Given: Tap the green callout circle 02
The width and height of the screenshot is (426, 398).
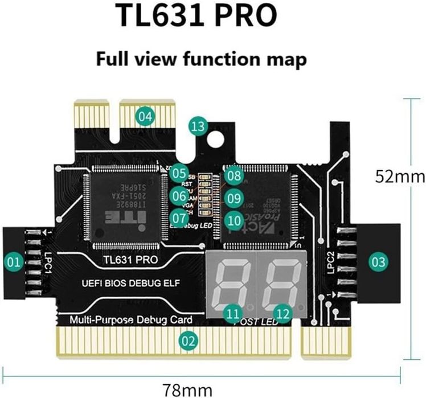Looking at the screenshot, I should (x=188, y=341).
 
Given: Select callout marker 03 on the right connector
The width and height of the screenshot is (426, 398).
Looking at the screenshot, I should (x=378, y=262).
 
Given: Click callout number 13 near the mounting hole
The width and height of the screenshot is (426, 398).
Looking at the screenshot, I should (x=198, y=126).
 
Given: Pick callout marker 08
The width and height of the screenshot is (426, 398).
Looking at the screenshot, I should (x=233, y=175).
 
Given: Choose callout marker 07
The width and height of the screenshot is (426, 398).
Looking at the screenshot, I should (x=179, y=217).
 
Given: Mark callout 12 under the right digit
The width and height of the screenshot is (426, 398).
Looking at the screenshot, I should (x=282, y=313).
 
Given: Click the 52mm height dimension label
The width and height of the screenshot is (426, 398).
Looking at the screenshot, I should (x=400, y=177).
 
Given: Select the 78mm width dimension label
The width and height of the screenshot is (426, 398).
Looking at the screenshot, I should (x=180, y=390).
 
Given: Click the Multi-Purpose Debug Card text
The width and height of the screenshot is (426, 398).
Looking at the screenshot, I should (x=131, y=319).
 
